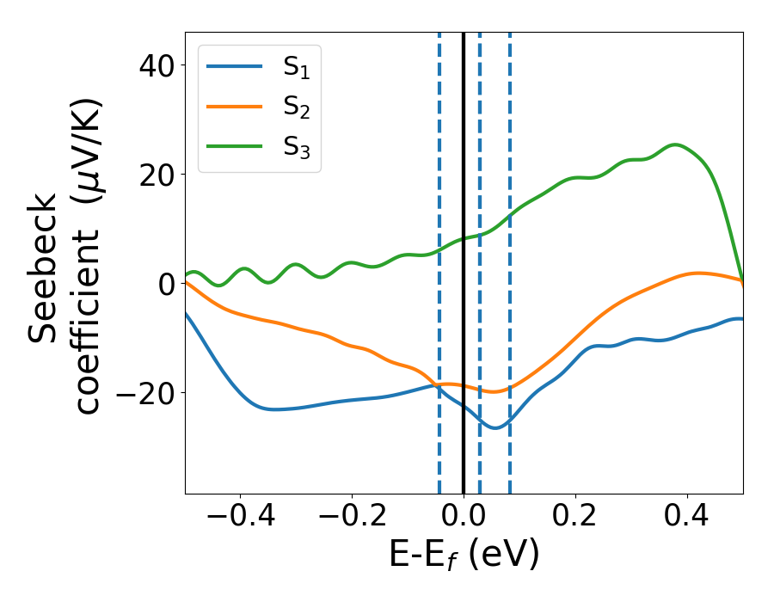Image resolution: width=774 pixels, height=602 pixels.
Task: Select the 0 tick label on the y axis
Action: pos(164,284)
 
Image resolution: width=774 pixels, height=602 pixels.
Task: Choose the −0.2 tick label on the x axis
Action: pos(352,519)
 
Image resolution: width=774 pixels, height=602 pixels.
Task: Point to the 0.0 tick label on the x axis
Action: pos(464,519)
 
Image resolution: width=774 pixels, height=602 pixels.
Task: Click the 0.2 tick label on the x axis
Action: pos(575,519)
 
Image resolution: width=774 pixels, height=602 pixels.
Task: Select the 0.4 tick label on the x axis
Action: pos(687,519)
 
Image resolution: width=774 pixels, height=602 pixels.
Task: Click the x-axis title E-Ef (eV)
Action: pos(464,556)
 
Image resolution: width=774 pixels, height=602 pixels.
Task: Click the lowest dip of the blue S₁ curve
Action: pos(494,427)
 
